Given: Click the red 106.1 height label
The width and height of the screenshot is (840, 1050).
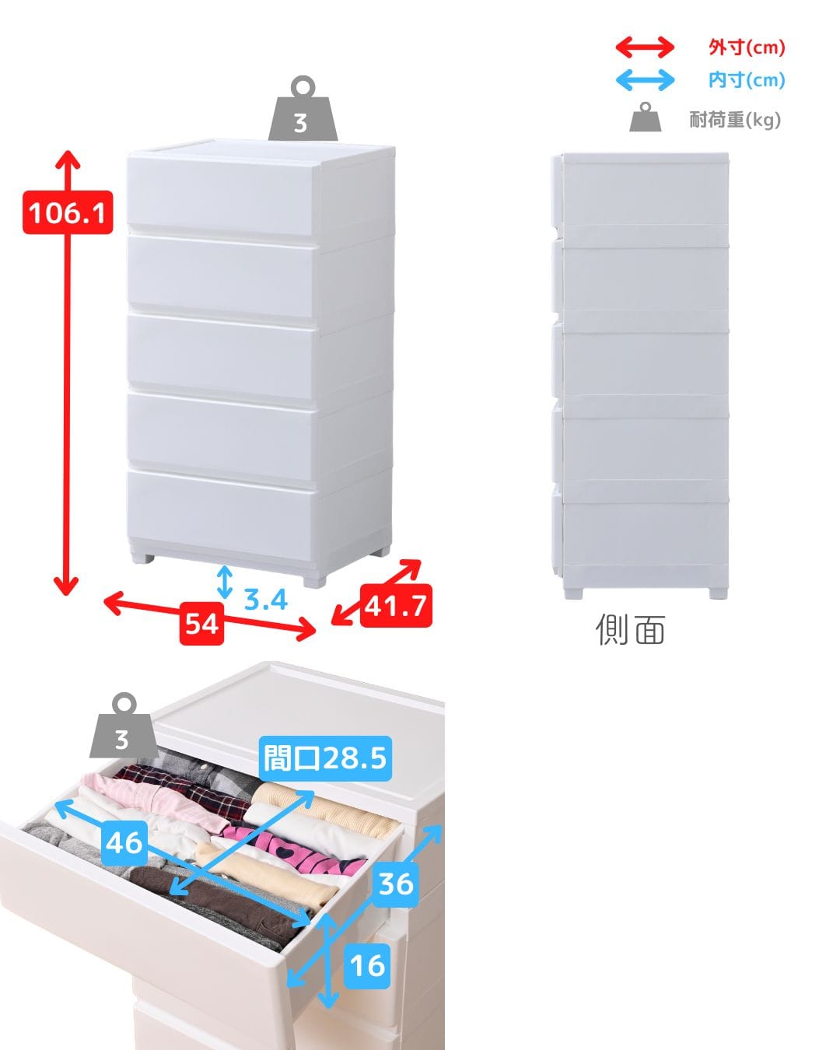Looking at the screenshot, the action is [x=68, y=212].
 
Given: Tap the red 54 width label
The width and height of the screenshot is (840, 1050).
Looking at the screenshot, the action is [x=201, y=624].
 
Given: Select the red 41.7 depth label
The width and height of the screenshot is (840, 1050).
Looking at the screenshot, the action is [x=396, y=606].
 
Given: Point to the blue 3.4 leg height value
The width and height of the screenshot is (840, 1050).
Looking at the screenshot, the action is [x=265, y=599].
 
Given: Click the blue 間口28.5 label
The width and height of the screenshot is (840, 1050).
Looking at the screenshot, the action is [x=325, y=758].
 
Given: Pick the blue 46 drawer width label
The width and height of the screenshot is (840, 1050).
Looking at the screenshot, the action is [x=124, y=842].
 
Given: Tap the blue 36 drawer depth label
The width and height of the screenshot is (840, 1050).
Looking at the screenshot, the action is [x=396, y=884].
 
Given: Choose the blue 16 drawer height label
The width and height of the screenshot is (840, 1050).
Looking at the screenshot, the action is [x=367, y=966].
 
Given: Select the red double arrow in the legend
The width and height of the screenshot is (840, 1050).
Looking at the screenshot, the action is [x=645, y=47].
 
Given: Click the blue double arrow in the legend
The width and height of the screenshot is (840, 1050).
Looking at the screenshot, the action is [x=645, y=80].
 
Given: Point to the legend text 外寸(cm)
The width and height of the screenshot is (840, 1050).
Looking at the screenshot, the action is [x=747, y=47].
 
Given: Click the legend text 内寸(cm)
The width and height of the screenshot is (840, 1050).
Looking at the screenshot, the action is [x=747, y=80].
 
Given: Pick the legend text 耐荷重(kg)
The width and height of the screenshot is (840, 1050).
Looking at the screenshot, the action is [x=735, y=120].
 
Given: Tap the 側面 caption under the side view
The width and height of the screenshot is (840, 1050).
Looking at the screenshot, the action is [x=630, y=629].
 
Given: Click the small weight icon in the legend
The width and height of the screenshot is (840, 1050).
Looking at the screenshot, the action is [x=646, y=117].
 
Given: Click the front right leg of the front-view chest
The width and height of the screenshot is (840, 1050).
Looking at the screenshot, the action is [x=314, y=581].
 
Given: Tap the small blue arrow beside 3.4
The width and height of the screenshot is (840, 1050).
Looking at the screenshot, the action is [x=225, y=582].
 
